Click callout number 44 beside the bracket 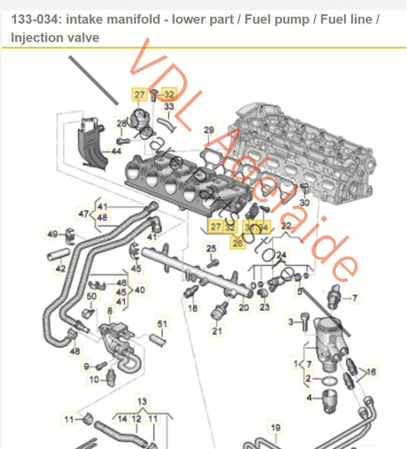(x=116, y=152)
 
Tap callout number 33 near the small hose (x=169, y=107)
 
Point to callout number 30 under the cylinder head (x=304, y=203)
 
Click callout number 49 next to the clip (x=52, y=233)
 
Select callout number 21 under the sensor (x=217, y=332)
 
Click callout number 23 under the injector (x=264, y=307)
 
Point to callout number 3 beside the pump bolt (x=290, y=322)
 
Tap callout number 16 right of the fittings (x=372, y=371)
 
